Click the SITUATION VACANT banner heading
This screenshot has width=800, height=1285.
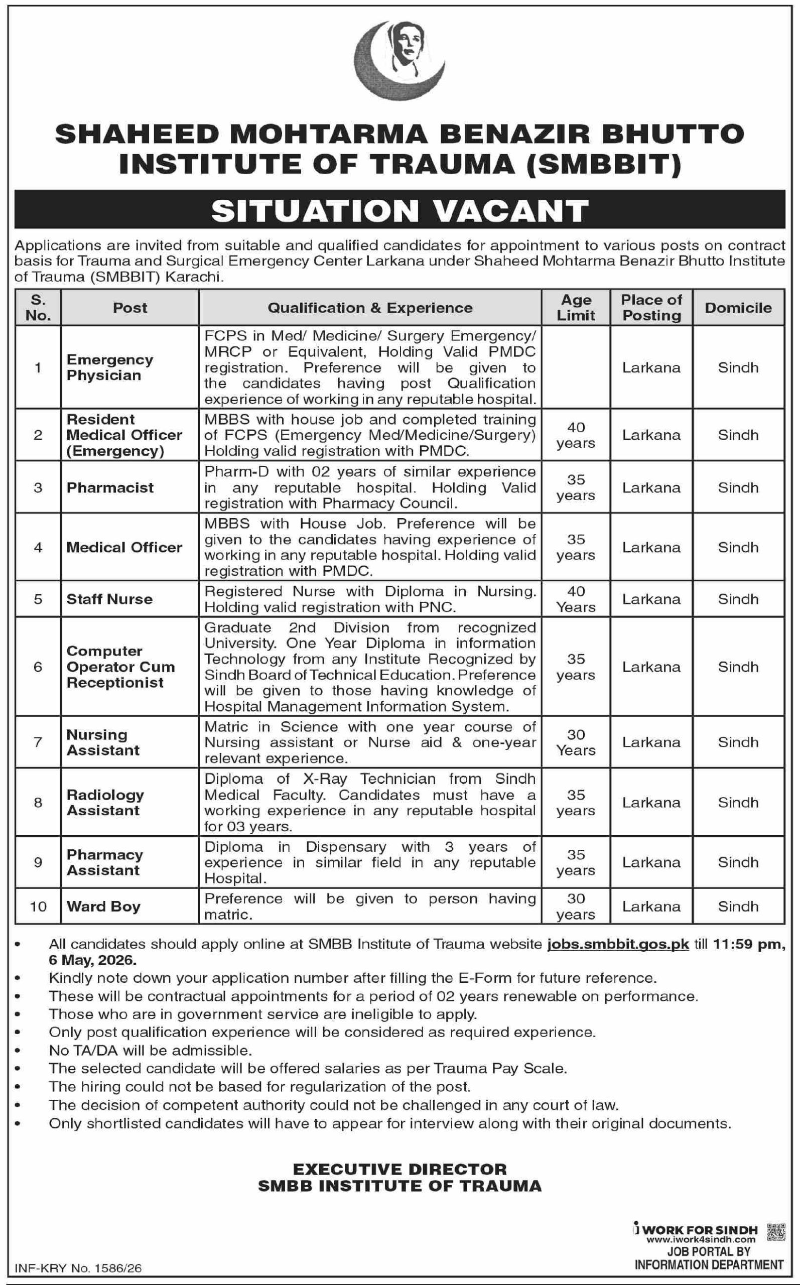tap(399, 210)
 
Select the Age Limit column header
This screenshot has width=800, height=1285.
tap(576, 307)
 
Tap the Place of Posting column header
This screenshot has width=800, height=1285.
tap(651, 307)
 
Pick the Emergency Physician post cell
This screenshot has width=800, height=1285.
tap(110, 367)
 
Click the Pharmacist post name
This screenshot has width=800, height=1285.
tap(110, 487)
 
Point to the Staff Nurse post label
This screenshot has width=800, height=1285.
tap(109, 599)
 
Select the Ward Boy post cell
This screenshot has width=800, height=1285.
tap(104, 906)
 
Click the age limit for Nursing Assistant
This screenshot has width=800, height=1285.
tap(576, 742)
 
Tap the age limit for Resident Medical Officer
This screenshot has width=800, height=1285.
tap(576, 435)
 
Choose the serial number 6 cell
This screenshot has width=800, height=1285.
tap(38, 667)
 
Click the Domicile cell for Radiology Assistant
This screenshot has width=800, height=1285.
tap(738, 803)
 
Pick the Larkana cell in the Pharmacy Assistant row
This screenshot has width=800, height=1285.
tap(651, 862)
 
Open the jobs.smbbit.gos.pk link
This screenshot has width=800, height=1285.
tap(618, 944)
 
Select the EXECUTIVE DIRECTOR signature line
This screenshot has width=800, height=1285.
tap(399, 1169)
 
